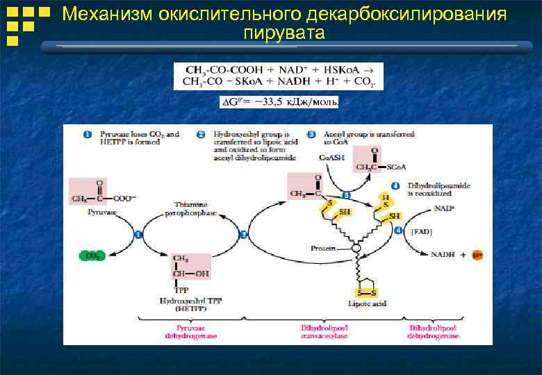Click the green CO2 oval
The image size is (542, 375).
tap(91, 256)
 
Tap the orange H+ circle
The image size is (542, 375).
tap(477, 255)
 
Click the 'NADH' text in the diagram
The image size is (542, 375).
tap(443, 255)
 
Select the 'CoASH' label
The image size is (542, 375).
tap(330, 158)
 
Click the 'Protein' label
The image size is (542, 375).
tap(323, 248)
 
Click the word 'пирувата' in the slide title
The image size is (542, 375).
tap(284, 33)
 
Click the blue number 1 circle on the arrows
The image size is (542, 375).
tap(138, 235)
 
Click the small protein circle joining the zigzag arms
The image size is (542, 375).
tap(356, 248)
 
